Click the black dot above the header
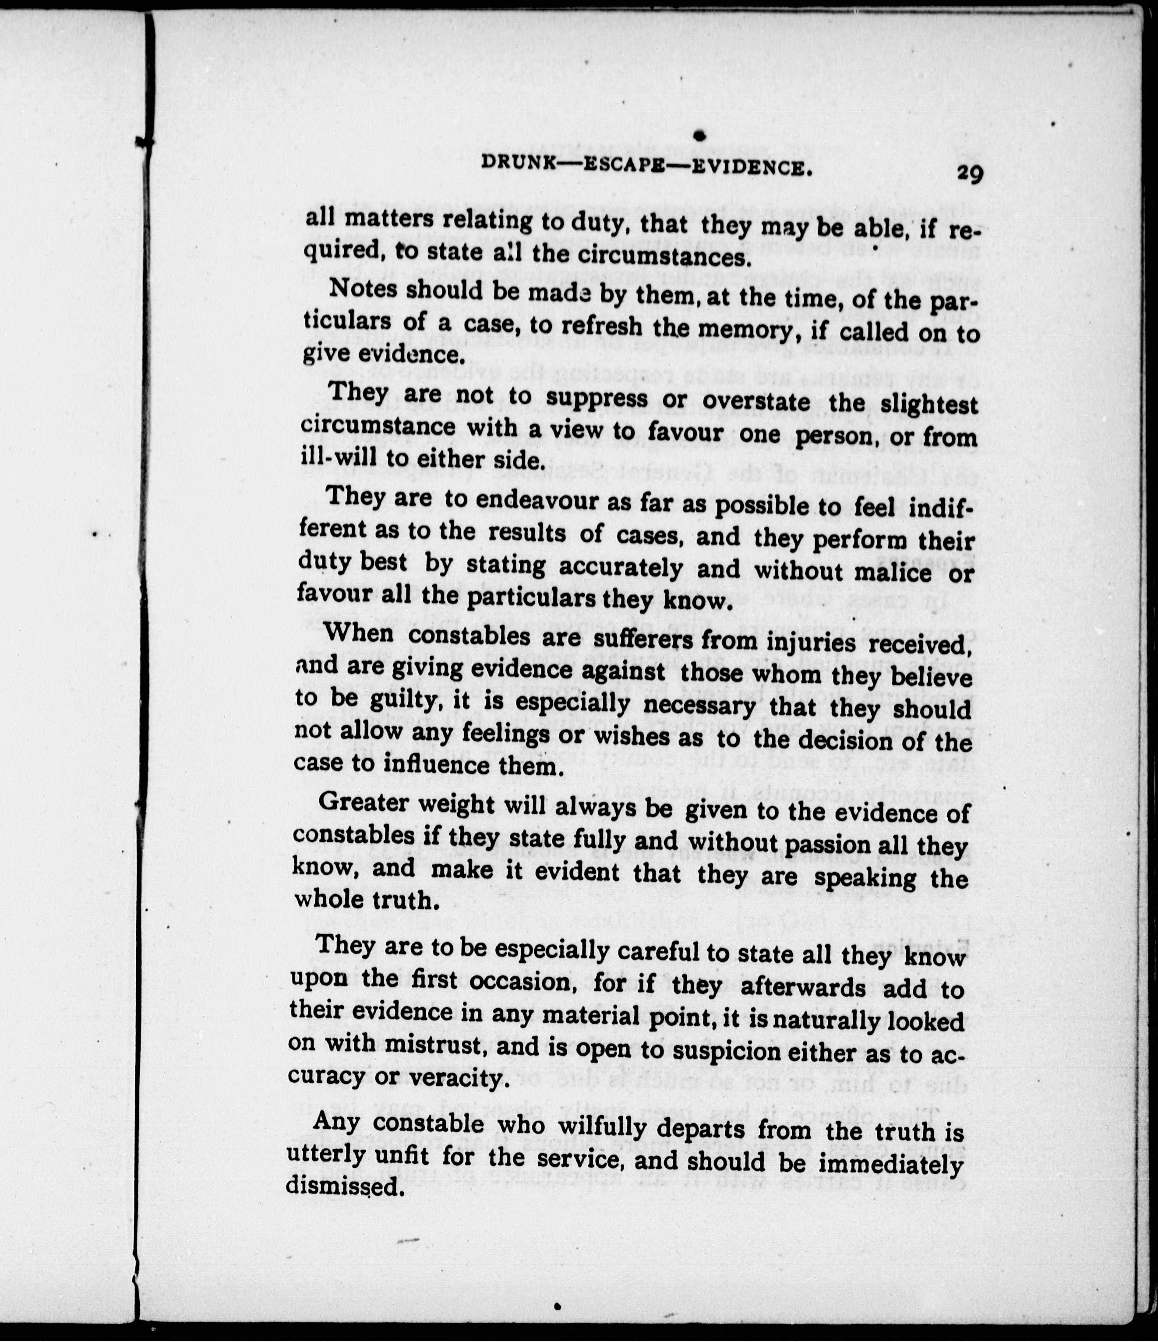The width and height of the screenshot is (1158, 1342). tap(698, 135)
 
